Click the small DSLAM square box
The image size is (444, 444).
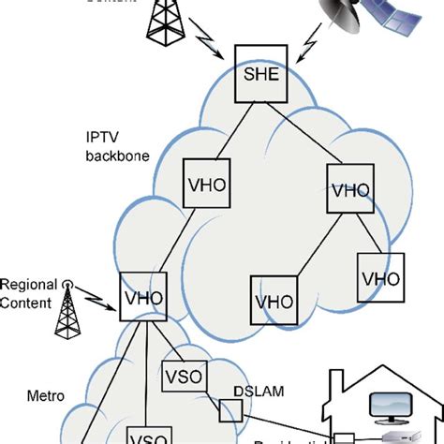pos(229,410)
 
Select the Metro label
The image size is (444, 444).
pos(44,422)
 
